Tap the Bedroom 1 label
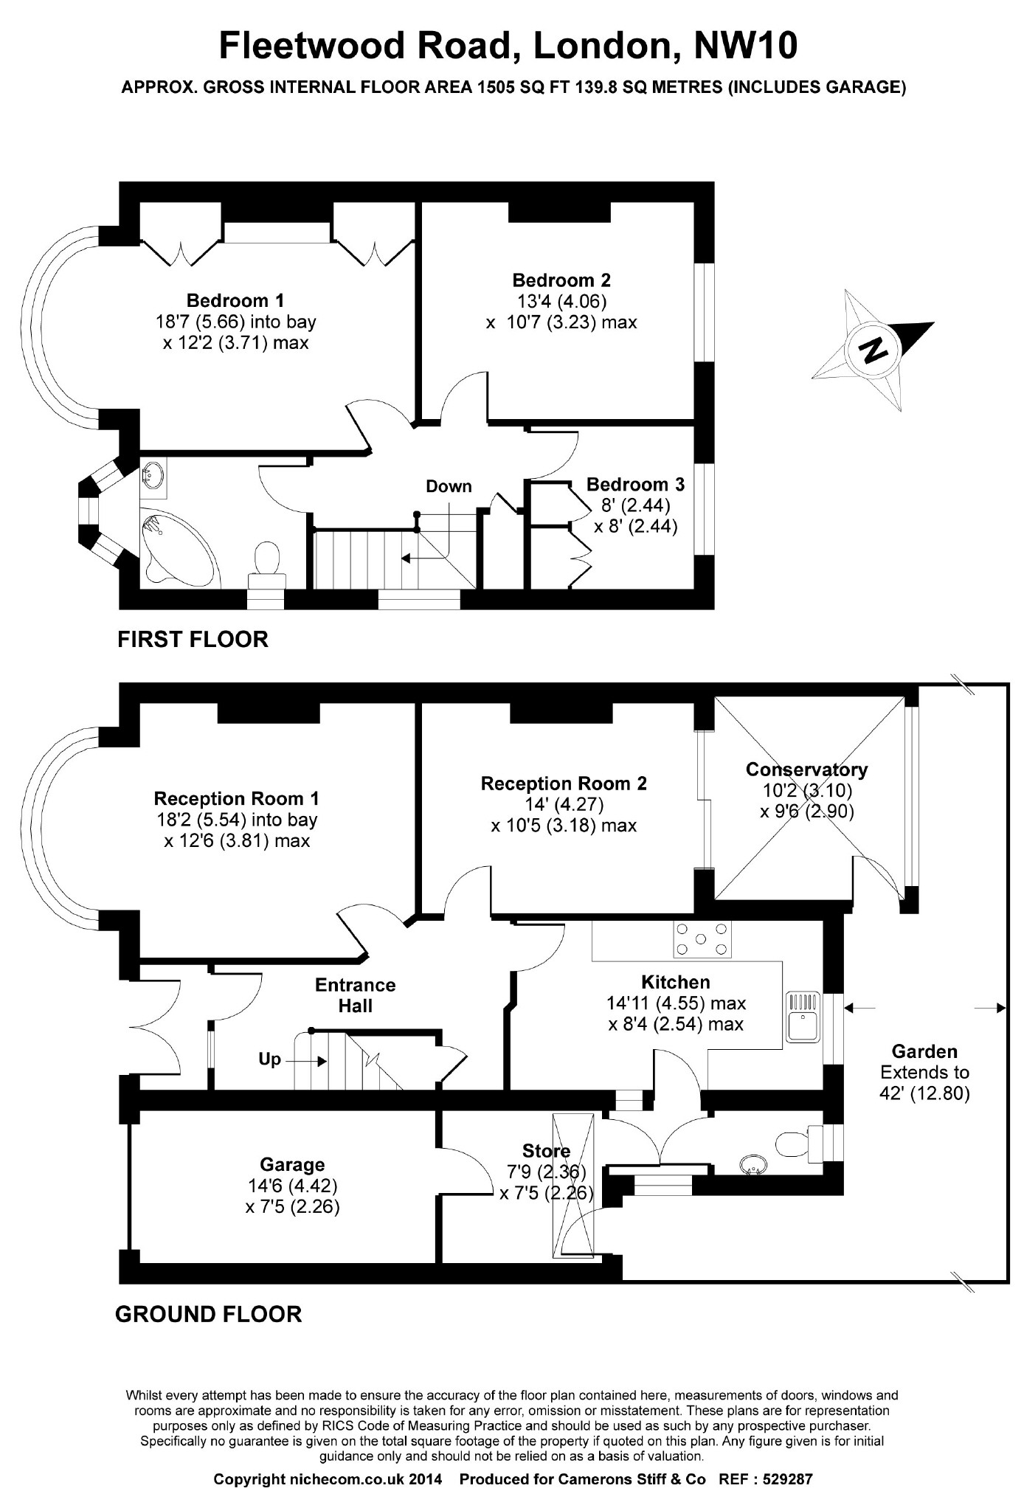[x=235, y=300]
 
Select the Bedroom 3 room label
[x=635, y=485]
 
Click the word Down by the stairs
[x=449, y=486]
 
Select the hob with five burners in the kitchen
[x=702, y=939]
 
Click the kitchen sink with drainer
[x=803, y=1016]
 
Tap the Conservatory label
[x=806, y=770]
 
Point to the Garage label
[x=292, y=1164]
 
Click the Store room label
[x=546, y=1151]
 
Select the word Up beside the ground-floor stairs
[x=269, y=1059]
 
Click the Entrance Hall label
[x=355, y=995]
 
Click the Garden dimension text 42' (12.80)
[x=924, y=1093]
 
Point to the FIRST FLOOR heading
[x=193, y=639]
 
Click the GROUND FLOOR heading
[x=209, y=1314]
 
